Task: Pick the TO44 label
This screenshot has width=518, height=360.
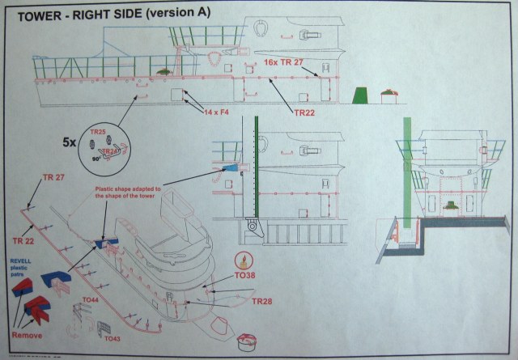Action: coord(92,301)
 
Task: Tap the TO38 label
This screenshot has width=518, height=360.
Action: coord(246,278)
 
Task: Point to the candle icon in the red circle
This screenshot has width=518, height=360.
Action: coord(240,260)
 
